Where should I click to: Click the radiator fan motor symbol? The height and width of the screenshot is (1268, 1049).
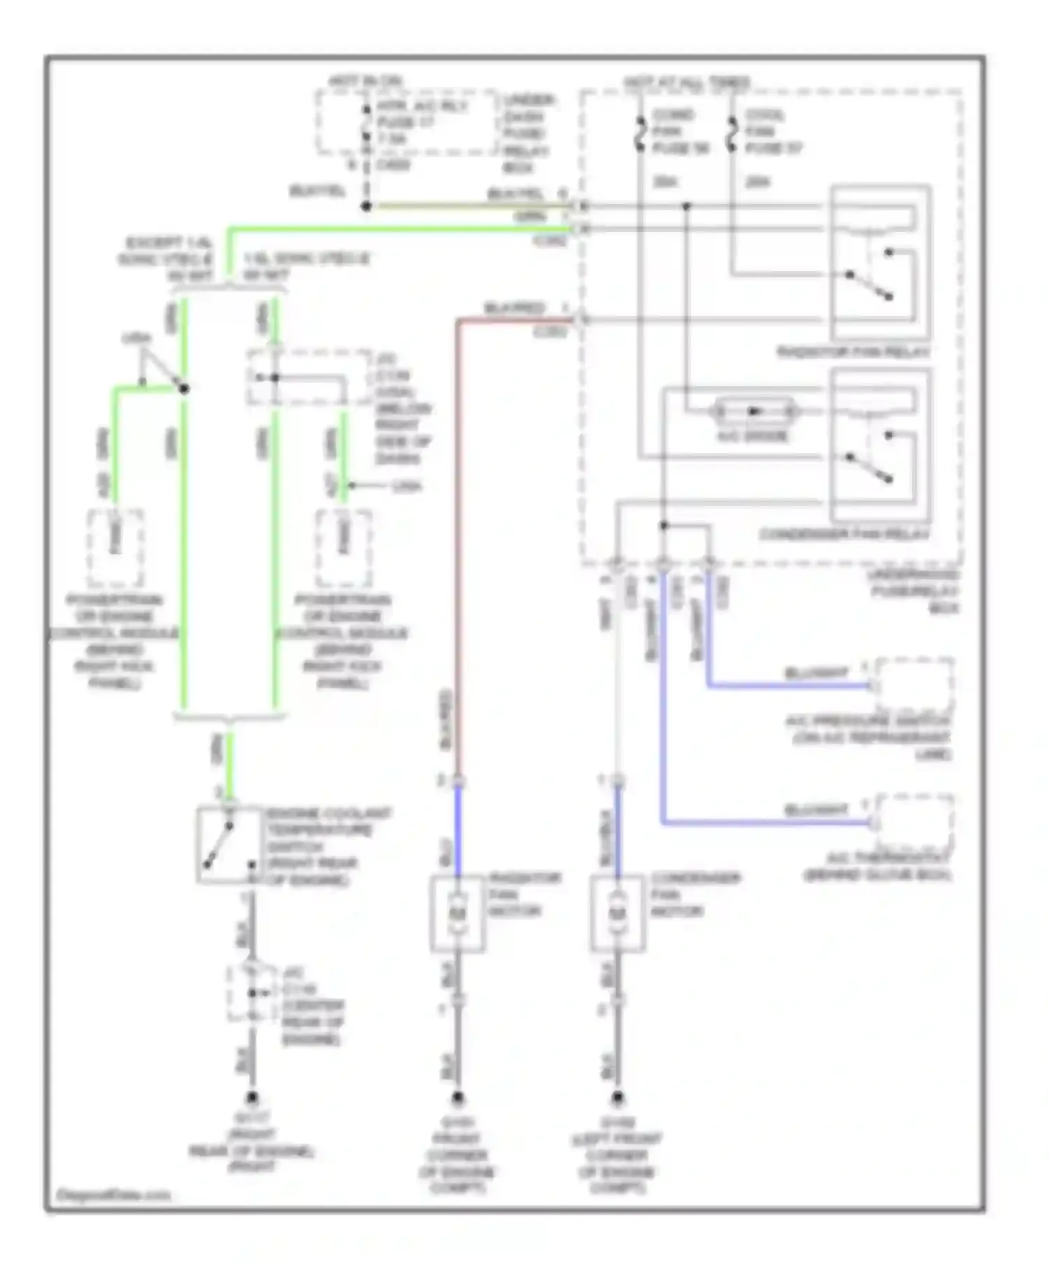(458, 912)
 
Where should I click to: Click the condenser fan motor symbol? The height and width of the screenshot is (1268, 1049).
(618, 912)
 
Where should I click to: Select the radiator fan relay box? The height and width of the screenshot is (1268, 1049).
(880, 263)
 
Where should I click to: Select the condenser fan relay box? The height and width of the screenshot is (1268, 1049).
(880, 445)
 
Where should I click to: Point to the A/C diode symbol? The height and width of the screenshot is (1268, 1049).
(754, 411)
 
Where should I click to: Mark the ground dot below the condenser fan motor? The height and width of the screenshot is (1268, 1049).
(618, 1097)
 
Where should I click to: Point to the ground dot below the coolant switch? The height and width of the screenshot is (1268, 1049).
(252, 1098)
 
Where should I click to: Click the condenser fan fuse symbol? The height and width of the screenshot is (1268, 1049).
(639, 133)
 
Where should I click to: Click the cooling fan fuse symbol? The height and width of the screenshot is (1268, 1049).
(732, 133)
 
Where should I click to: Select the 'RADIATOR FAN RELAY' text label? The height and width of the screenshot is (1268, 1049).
(853, 352)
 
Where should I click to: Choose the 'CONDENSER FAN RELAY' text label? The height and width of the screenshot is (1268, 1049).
(844, 535)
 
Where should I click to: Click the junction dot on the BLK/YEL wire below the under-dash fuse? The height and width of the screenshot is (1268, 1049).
(365, 206)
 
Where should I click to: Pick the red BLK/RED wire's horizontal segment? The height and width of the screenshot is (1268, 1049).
(518, 321)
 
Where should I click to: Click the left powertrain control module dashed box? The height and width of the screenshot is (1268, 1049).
(115, 548)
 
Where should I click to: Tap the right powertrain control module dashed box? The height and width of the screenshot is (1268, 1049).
(343, 548)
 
